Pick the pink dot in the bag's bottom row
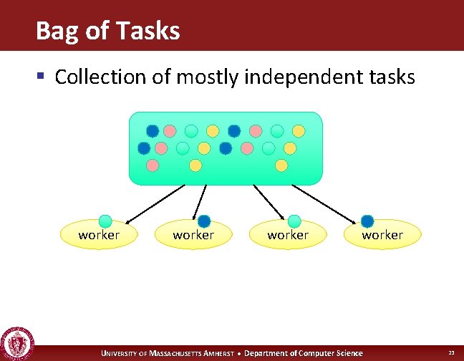pyautogui.click(x=153, y=165)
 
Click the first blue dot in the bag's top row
pyautogui.click(x=153, y=131)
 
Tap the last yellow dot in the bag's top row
pyautogui.click(x=299, y=131)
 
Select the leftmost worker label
pyautogui.click(x=99, y=235)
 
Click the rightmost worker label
pyautogui.click(x=382, y=235)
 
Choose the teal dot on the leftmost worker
pyautogui.click(x=105, y=221)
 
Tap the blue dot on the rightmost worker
pyautogui.click(x=367, y=221)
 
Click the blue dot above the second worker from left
pyautogui.click(x=204, y=221)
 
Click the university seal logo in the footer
pyautogui.click(x=17, y=344)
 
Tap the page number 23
pyautogui.click(x=451, y=353)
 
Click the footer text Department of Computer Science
pyautogui.click(x=304, y=353)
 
